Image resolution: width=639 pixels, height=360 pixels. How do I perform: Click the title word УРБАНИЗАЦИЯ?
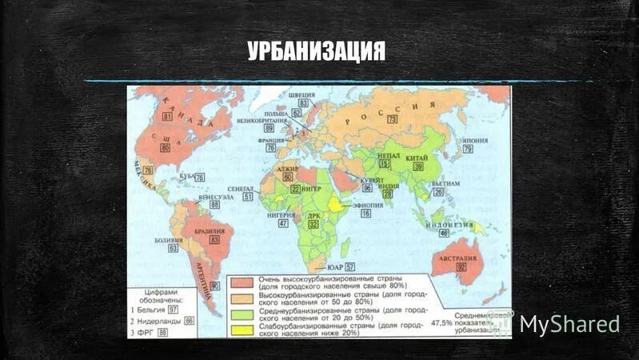point(316,52)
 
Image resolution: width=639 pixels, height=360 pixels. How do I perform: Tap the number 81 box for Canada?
point(166,117)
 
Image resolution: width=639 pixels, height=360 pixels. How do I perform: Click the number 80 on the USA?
point(165,147)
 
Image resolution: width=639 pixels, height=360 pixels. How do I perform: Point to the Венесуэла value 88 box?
point(214,204)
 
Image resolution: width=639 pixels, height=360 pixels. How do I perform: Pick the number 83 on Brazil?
point(214,239)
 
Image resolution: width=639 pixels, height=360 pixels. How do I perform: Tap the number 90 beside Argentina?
point(214,286)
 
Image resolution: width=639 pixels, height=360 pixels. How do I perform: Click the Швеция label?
point(303,94)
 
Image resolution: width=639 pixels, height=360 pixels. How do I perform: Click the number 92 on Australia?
point(461,267)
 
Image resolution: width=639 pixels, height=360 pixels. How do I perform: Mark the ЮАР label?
point(334,266)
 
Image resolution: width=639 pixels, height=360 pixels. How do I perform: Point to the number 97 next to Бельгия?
point(173,309)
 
